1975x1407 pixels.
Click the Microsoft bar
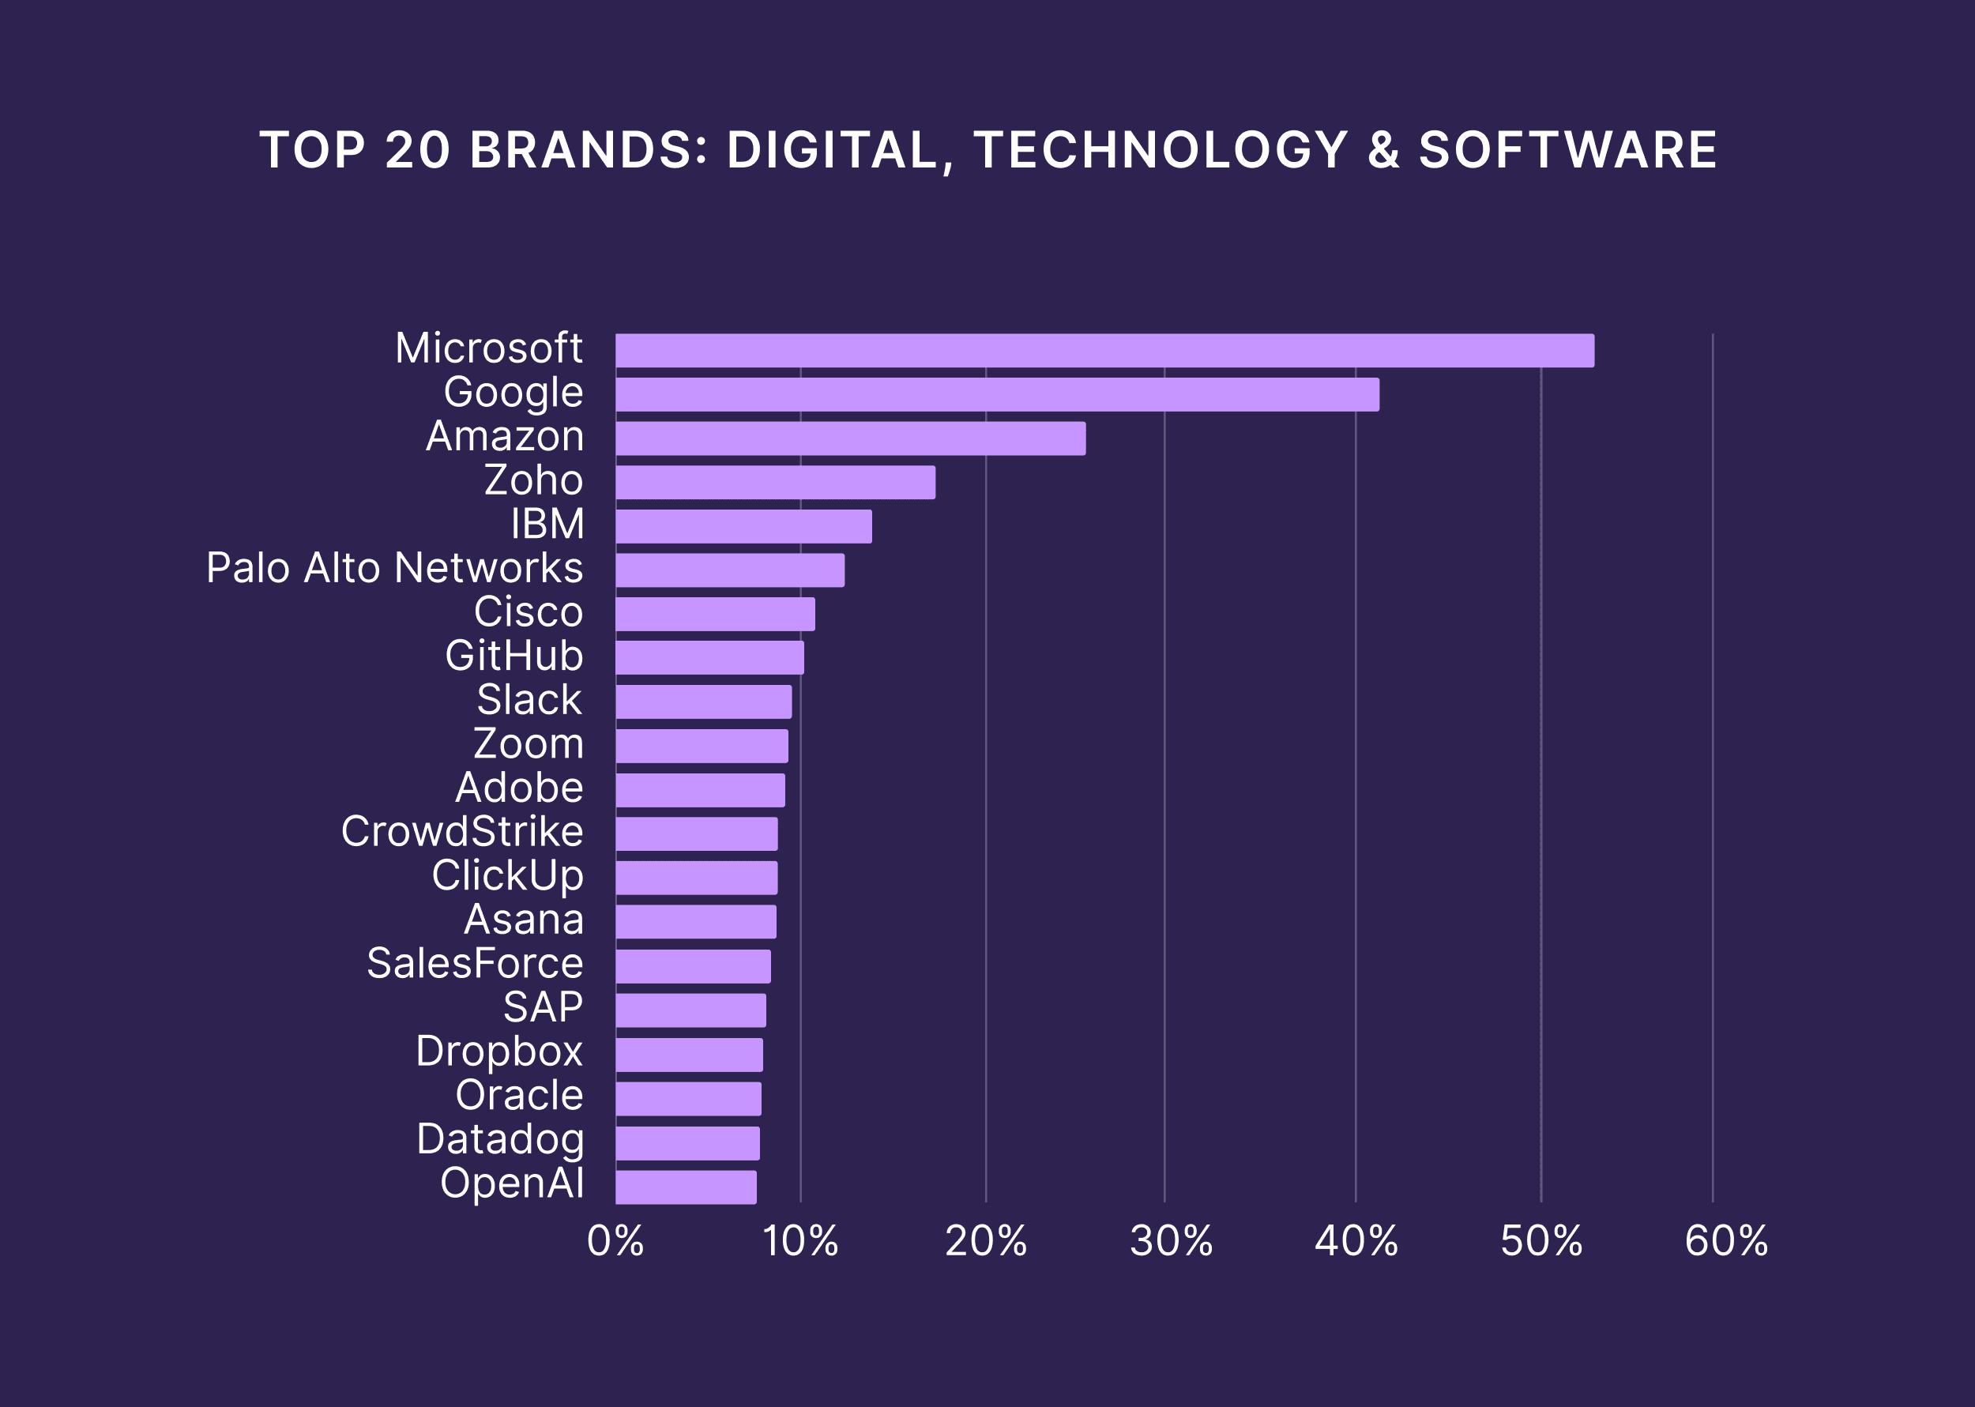pyautogui.click(x=1104, y=351)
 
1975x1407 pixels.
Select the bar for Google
pyautogui.click(x=997, y=394)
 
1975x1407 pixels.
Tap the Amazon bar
pyautogui.click(x=850, y=438)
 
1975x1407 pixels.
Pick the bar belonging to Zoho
pyautogui.click(x=775, y=483)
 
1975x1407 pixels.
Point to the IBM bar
pyautogui.click(x=743, y=527)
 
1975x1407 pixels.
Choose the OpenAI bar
pyautogui.click(x=685, y=1187)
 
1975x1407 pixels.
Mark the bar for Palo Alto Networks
pyautogui.click(x=729, y=570)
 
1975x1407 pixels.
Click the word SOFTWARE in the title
pyautogui.click(x=1568, y=150)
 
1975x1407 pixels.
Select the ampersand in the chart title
pyautogui.click(x=1383, y=150)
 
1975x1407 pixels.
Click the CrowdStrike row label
pyautogui.click(x=461, y=832)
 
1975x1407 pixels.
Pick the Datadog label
pyautogui.click(x=500, y=1139)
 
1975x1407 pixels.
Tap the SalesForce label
pyautogui.click(x=475, y=964)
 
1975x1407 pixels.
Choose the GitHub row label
pyautogui.click(x=513, y=656)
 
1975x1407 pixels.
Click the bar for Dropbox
pyautogui.click(x=689, y=1055)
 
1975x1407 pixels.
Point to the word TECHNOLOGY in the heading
pyautogui.click(x=1161, y=150)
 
